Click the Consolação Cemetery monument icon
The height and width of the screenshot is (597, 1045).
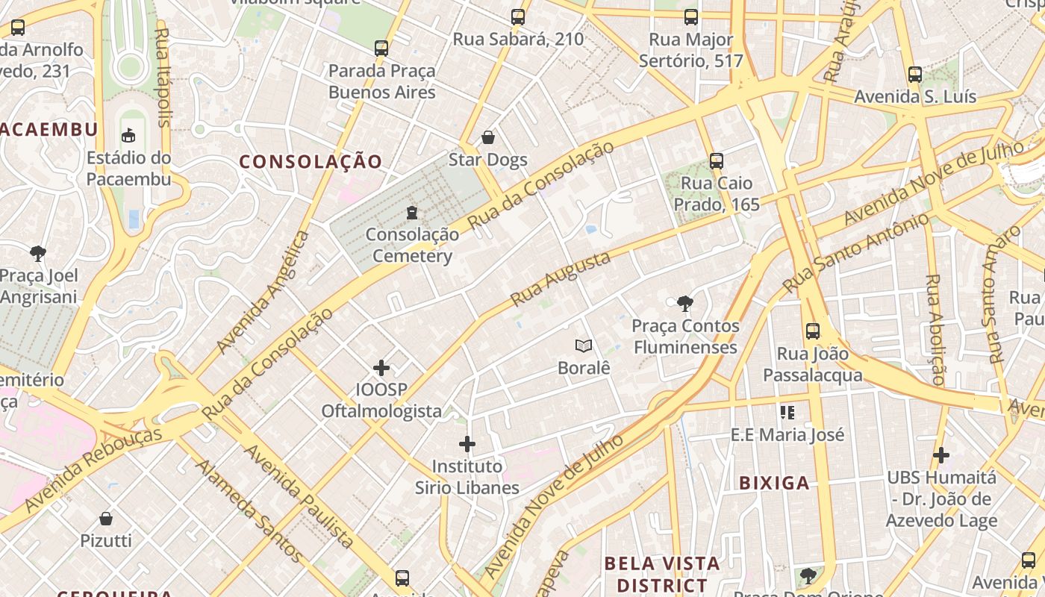(411, 213)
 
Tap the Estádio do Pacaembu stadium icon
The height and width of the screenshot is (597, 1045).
(128, 135)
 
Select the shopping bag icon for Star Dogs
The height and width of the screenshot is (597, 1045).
(488, 137)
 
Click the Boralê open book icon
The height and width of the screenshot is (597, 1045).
(584, 346)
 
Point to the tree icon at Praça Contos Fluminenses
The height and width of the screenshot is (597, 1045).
(684, 303)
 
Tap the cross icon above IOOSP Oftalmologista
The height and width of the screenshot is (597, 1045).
(381, 367)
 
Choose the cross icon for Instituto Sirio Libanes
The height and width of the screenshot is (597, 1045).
(467, 444)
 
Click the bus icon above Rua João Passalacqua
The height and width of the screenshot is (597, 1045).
(813, 331)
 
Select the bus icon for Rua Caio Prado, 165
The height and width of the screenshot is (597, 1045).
(717, 160)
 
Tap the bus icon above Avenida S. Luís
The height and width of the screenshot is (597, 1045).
(915, 75)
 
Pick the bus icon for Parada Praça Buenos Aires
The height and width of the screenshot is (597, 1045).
(381, 49)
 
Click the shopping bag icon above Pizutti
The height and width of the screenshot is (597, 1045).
(106, 518)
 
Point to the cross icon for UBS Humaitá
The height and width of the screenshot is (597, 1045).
(941, 454)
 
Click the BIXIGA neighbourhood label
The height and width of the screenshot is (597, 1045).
(774, 483)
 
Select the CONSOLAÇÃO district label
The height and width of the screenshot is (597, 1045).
(311, 161)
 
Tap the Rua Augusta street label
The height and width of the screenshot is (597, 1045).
(561, 278)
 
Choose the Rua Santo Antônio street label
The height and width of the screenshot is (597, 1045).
(856, 252)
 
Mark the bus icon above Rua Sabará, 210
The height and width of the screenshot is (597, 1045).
(518, 17)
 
